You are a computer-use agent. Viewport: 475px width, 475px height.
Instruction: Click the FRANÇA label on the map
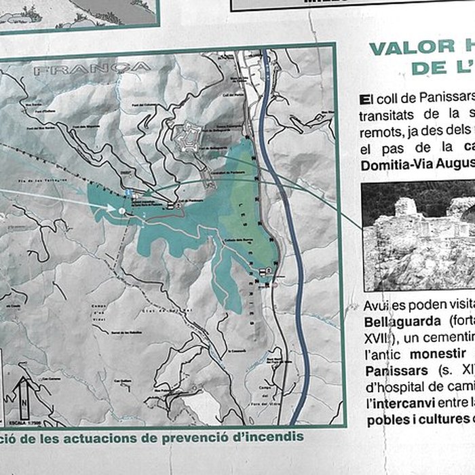click(92, 69)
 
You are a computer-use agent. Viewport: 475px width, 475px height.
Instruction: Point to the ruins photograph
click(418, 235)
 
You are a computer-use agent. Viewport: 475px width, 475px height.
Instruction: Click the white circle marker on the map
click(121, 211)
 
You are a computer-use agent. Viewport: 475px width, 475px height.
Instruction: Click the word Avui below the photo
click(375, 305)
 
